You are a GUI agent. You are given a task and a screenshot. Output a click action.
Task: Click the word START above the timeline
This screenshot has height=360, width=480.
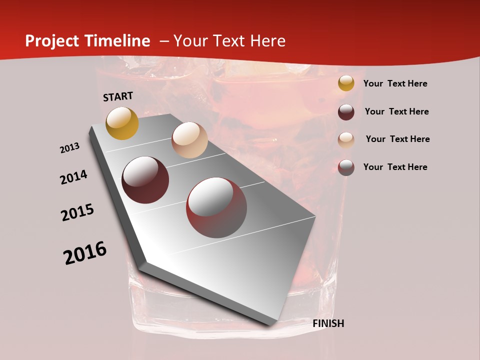pos(118,96)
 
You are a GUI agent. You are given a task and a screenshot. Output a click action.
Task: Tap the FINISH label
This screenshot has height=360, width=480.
pos(328,323)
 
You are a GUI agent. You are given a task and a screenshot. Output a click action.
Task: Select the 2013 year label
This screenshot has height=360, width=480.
pos(69,148)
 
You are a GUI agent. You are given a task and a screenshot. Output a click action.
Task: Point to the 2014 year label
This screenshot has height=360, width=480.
pos(73,177)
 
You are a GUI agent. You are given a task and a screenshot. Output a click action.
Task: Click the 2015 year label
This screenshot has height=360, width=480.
pos(77,212)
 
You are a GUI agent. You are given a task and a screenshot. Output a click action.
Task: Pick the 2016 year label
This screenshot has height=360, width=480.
pos(85,253)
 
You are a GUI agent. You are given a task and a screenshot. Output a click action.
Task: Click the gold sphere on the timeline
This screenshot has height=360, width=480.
pos(122,123)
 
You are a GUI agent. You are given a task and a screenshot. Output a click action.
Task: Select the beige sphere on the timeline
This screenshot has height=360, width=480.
pos(189,140)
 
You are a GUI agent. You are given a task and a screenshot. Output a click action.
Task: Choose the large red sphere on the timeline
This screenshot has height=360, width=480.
pos(216,207)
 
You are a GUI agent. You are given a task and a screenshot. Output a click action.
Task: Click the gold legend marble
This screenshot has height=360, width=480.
pos(346,83)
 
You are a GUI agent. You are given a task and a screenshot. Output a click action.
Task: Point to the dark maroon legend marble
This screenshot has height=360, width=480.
pos(346,112)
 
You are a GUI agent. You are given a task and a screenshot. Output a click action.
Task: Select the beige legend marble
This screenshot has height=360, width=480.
pos(346,139)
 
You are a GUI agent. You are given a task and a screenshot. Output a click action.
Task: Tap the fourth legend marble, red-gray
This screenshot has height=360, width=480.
pos(346,167)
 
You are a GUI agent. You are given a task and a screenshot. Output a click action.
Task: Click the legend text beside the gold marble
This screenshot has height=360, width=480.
pos(395,84)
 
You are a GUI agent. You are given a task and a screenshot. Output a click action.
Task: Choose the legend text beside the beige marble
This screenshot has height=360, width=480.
pos(397,139)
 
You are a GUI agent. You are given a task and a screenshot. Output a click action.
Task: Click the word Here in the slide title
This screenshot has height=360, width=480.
pos(267,41)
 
